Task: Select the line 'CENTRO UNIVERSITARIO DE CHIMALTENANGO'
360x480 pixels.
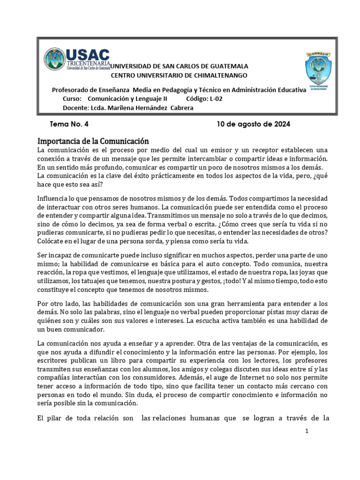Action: click(x=179, y=75)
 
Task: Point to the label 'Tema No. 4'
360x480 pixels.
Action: click(x=69, y=124)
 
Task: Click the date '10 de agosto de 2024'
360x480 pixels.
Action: click(x=253, y=124)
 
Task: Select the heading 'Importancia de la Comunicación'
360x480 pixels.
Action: click(x=93, y=141)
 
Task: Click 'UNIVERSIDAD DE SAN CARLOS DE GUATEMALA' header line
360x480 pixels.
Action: click(x=179, y=67)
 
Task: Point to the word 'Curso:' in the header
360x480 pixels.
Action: click(x=72, y=99)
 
